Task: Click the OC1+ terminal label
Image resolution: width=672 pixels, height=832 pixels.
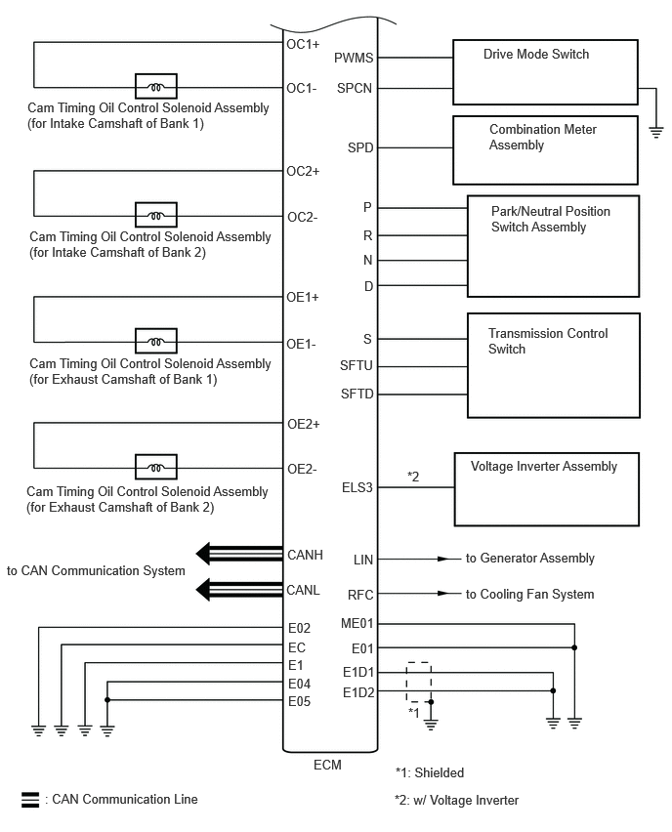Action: click(303, 45)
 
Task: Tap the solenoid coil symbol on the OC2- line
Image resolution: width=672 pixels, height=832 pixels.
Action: click(155, 216)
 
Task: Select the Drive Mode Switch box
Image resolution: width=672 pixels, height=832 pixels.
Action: click(545, 72)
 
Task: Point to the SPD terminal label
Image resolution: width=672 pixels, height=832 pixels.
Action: click(360, 147)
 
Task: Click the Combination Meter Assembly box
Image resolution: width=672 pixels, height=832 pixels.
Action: click(545, 150)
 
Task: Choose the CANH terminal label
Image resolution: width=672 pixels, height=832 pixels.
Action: click(305, 555)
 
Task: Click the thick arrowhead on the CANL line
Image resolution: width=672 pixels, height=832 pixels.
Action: click(204, 590)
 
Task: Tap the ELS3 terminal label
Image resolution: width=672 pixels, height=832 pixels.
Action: click(357, 487)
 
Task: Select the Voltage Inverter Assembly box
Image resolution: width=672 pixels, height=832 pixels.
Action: click(547, 489)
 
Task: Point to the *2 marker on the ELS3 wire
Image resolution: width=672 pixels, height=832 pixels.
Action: click(413, 477)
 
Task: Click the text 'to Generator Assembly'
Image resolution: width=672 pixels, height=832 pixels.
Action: click(529, 559)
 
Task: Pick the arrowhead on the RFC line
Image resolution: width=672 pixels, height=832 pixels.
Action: click(444, 593)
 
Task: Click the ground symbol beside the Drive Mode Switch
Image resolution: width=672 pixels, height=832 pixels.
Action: click(656, 132)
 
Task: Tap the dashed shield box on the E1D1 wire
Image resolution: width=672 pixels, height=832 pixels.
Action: click(419, 682)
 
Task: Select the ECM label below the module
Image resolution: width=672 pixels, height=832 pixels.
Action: click(327, 765)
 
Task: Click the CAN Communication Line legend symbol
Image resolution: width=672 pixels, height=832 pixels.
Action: click(30, 800)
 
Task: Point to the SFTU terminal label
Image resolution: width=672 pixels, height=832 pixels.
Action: click(357, 365)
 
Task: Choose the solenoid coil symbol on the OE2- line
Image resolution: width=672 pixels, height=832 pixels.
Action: click(155, 468)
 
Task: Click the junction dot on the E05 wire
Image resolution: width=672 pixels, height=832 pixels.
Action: click(107, 700)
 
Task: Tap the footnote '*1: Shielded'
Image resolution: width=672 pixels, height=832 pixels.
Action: click(430, 772)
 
